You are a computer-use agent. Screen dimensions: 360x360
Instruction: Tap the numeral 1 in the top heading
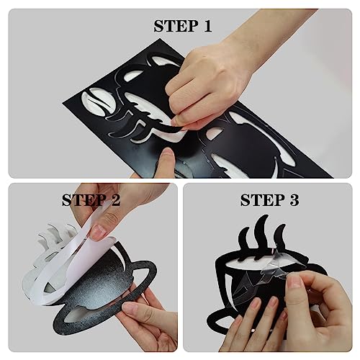pos(207,26)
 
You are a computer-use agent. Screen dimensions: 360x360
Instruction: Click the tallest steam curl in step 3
pos(261,235)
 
